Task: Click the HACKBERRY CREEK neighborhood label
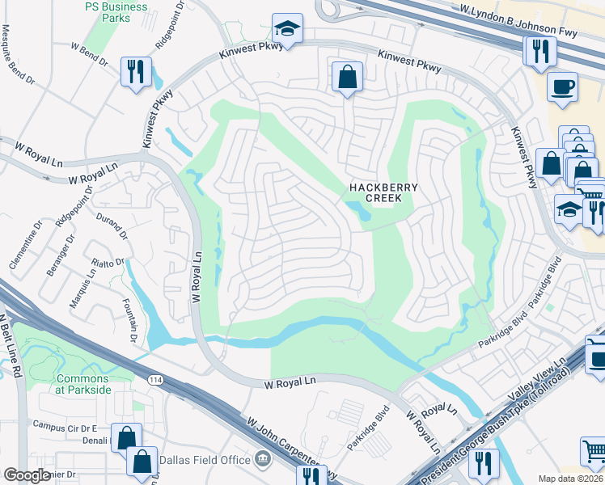pos(383,192)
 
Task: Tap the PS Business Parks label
pos(116,11)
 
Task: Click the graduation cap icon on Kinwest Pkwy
pos(287,29)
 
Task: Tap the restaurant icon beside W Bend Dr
pos(136,71)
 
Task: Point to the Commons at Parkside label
pos(83,384)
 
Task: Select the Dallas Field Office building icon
pos(261,460)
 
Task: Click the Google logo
pos(27,475)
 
